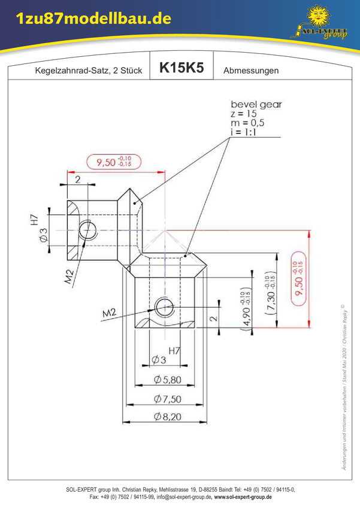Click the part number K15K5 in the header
pos(181,67)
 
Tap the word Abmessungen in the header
pos(251,71)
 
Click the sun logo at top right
pos(319,16)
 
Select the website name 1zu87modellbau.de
pos(93,19)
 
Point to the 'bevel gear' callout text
pos(256,105)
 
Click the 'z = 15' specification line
pos(243,114)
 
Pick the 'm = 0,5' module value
pos(247,123)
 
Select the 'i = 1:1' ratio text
pos(243,132)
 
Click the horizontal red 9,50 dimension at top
pos(114,162)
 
